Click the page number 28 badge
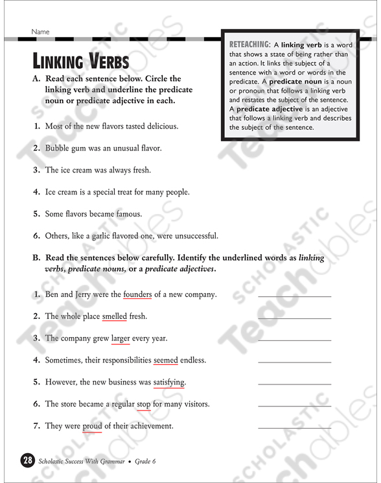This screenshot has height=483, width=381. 27,461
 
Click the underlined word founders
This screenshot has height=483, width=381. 137,294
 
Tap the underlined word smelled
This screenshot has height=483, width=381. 115,316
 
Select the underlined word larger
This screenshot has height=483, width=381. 121,338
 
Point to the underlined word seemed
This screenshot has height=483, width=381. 165,360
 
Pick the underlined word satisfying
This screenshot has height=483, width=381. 169,383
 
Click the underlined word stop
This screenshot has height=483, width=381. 144,404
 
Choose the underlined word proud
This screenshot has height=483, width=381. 92,426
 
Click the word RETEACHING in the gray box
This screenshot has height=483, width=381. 249,45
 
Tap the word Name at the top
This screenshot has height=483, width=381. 40,32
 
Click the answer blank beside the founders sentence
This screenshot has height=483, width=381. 294,296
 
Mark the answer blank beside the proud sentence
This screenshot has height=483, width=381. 294,427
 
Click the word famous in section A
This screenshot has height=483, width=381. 129,214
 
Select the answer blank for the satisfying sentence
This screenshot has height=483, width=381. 294,384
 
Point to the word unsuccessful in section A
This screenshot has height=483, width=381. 193,236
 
